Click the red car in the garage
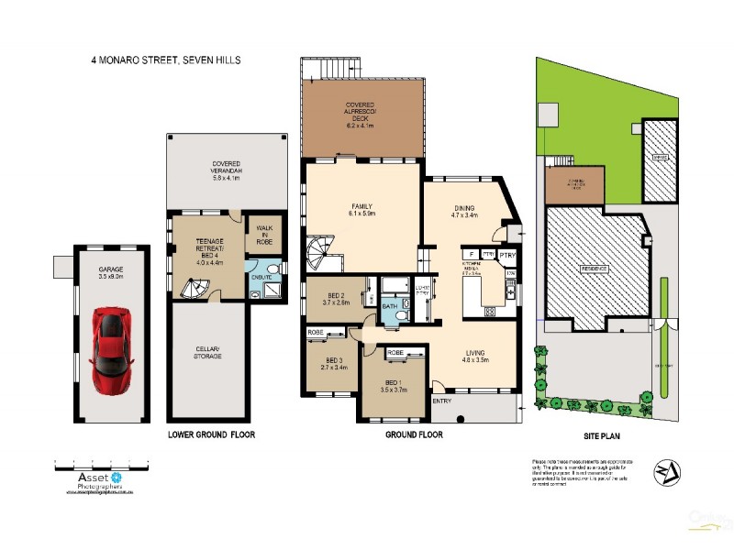pos(113,336)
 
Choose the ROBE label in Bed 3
pos(316,332)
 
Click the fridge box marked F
pos(469,253)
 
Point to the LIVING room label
pos(474,352)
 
